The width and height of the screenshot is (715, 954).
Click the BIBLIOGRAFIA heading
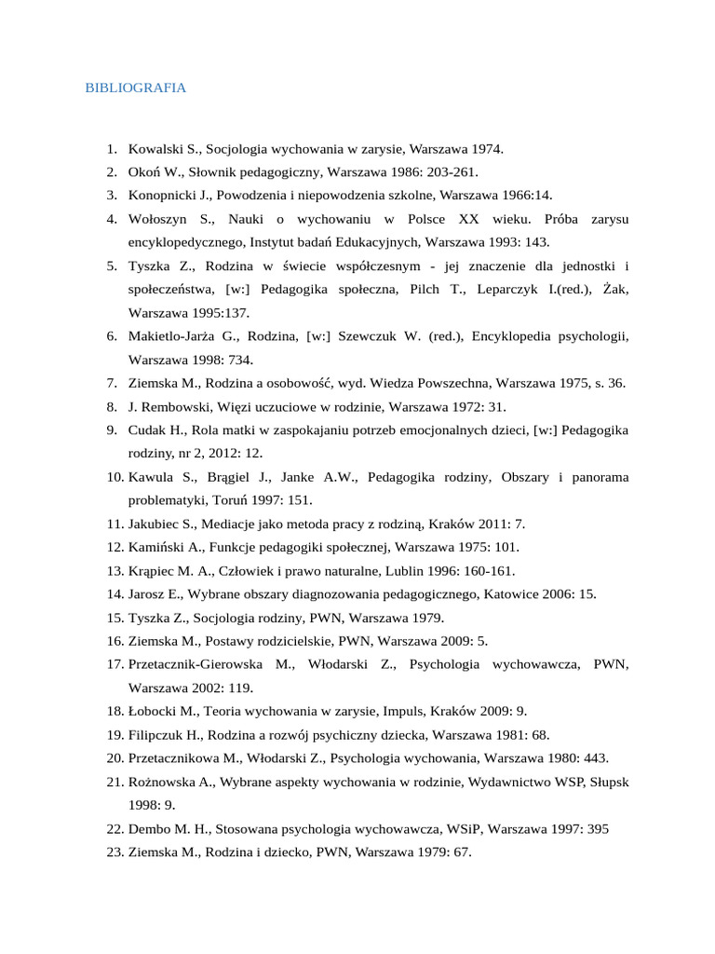(x=135, y=89)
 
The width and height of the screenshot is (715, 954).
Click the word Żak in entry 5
(x=615, y=290)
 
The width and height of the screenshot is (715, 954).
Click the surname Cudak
(x=148, y=430)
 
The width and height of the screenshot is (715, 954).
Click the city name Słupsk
(x=610, y=783)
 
